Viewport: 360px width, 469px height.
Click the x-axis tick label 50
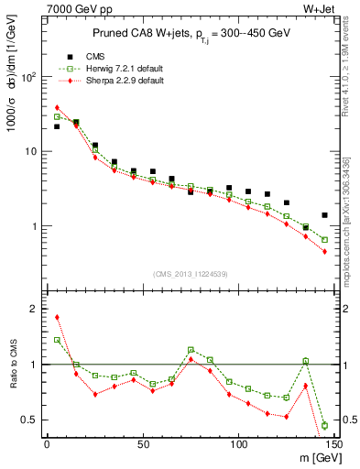click(142, 444)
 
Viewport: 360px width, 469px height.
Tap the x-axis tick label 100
click(238, 444)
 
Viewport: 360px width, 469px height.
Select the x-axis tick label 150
click(333, 444)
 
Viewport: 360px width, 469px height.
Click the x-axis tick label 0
click(47, 444)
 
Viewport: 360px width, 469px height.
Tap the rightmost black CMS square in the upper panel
click(325, 215)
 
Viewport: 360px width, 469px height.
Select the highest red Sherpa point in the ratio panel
click(57, 318)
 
